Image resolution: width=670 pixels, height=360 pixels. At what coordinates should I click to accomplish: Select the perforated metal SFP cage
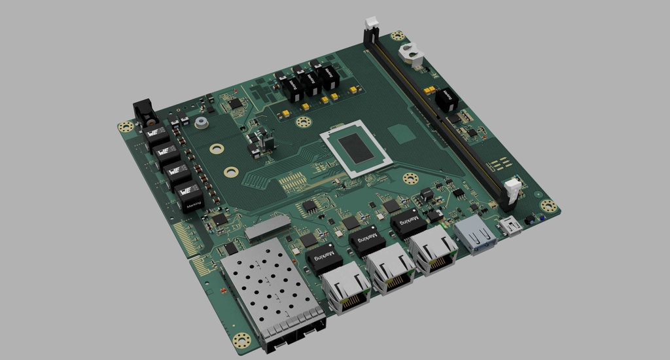point(268,289)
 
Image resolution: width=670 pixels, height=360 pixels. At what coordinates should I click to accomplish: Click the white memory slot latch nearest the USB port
point(512,190)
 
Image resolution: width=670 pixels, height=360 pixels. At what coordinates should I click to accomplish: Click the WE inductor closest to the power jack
point(156,136)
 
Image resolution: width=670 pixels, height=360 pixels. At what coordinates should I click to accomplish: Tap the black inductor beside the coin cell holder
point(446,99)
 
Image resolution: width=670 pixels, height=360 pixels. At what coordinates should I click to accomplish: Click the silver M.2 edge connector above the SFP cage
point(268,225)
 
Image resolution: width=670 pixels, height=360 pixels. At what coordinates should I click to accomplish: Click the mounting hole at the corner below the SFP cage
point(241,340)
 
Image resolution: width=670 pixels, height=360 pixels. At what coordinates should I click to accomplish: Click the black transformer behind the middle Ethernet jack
point(366,240)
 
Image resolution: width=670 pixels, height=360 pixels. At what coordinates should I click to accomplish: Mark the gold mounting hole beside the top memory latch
point(397,37)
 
